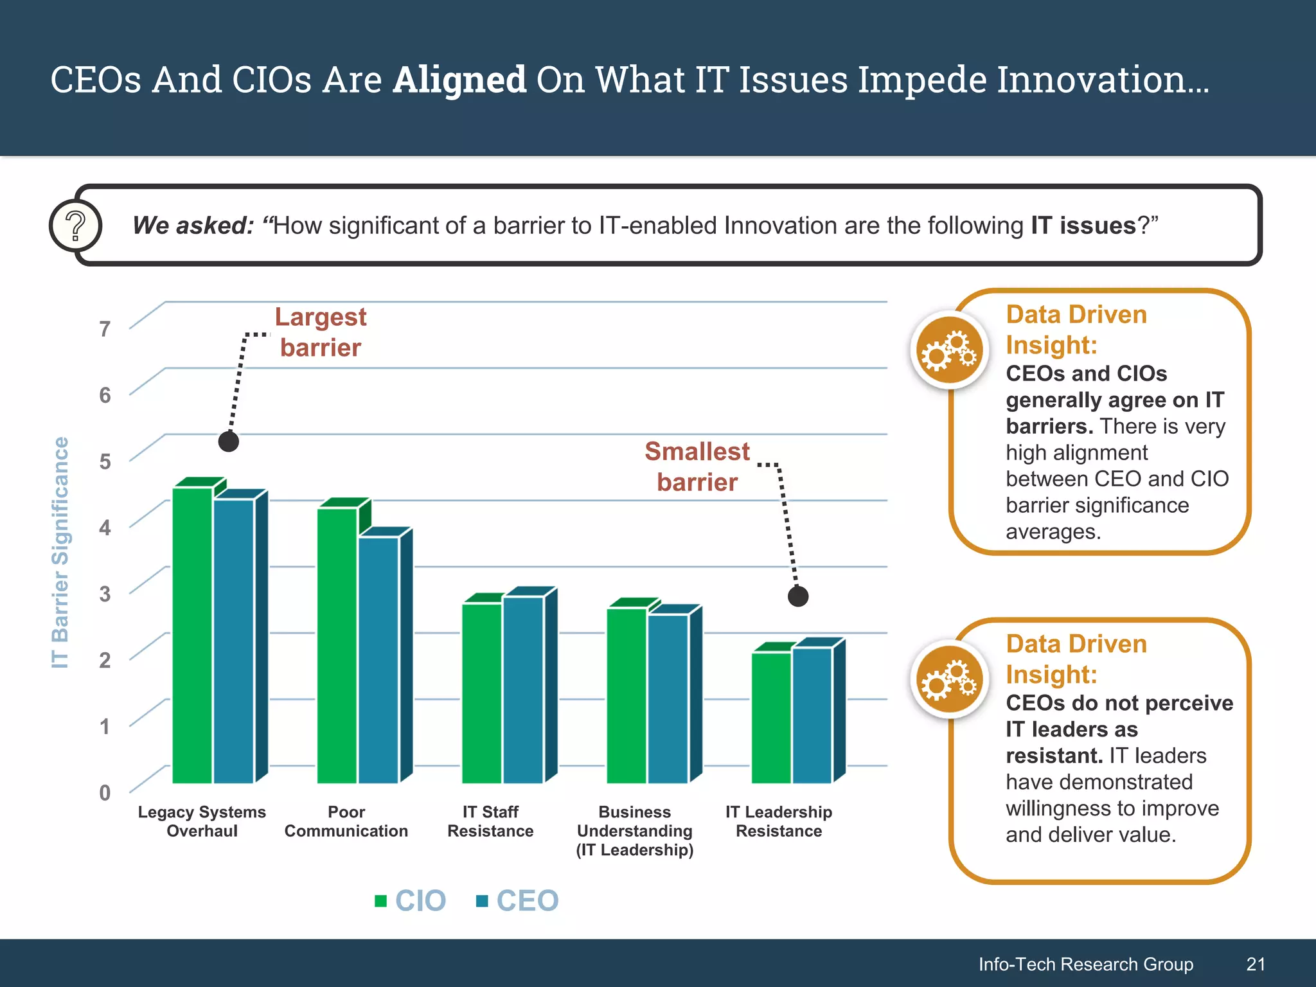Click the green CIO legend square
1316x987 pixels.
coord(380,901)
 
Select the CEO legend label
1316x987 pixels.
coord(527,901)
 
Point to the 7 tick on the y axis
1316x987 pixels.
coord(105,329)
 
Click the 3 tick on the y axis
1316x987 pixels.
coord(105,594)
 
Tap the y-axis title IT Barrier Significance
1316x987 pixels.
coord(60,553)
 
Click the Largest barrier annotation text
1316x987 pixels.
coord(321,332)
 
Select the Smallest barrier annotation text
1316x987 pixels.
coord(697,467)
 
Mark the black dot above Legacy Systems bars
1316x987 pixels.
coord(229,441)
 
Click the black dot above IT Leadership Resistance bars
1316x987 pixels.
coord(798,596)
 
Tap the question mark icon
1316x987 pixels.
coord(76,226)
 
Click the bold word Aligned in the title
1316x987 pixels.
coord(459,80)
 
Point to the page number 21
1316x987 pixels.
coord(1256,964)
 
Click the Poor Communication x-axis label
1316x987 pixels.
coord(346,821)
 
